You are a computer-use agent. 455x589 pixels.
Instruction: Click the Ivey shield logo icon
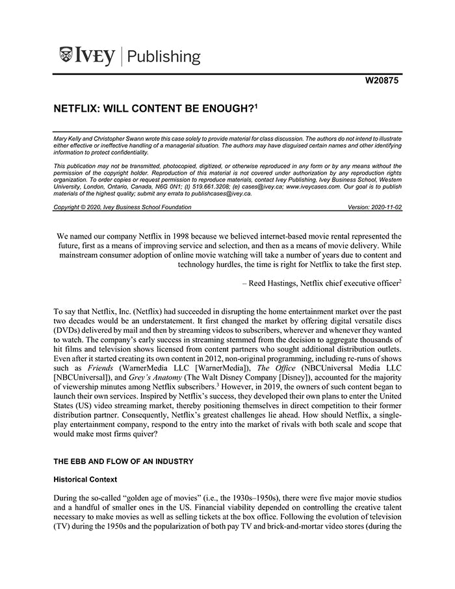[x=66, y=55]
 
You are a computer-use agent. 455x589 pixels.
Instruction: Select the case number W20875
[x=382, y=81]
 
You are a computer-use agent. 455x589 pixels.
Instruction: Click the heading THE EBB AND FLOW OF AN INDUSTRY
[x=123, y=462]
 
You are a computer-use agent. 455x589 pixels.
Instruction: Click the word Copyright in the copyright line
[x=68, y=207]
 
